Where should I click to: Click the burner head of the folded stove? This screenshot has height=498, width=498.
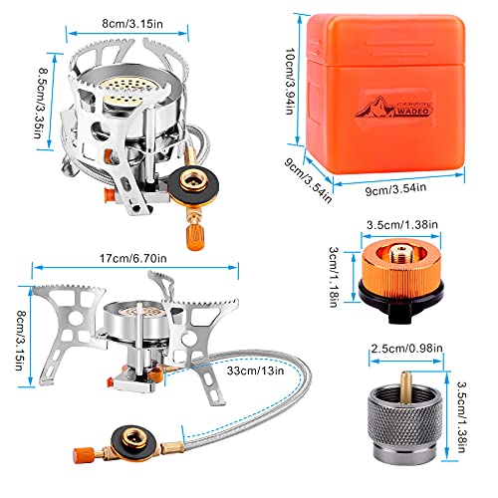pos(125,92)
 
